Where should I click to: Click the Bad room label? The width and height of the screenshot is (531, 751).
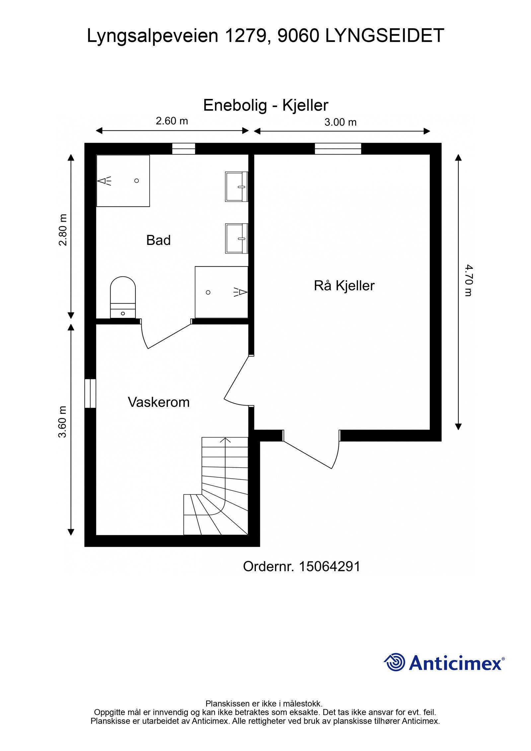coord(158,240)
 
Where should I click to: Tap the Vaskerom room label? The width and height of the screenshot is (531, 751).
coord(159,402)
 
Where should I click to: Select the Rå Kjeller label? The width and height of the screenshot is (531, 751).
coord(344,286)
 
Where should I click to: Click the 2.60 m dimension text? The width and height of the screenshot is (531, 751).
coord(172,121)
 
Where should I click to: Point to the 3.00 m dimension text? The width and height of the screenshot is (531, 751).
coord(340,122)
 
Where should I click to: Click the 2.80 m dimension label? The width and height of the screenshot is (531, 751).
coord(63,230)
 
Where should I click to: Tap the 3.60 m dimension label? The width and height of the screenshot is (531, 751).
coord(63,421)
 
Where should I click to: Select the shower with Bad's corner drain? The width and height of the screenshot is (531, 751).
coord(123,181)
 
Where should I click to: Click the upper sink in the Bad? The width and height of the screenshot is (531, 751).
coord(237,187)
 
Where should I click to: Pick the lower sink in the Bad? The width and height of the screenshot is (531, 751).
coord(237,238)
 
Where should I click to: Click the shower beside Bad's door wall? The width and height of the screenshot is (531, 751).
coord(221,292)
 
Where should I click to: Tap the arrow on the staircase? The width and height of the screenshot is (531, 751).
coord(226,440)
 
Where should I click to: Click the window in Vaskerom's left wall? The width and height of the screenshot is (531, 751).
coord(90,393)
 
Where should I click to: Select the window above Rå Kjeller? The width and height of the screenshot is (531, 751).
coord(338,149)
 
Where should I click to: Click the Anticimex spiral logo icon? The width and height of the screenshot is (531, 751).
coord(395,662)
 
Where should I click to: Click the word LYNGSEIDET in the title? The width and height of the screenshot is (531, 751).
coord(385,36)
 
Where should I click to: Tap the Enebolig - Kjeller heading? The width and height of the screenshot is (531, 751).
coord(265,106)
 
